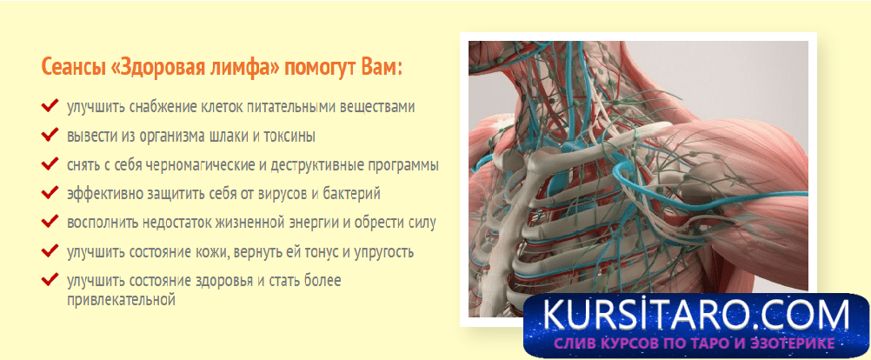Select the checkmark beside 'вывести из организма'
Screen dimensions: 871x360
click(x=50, y=135)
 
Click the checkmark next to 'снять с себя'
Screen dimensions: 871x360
click(x=50, y=164)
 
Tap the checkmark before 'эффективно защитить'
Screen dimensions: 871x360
click(x=50, y=193)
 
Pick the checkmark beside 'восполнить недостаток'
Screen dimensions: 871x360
click(x=50, y=223)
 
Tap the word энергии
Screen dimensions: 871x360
click(x=318, y=223)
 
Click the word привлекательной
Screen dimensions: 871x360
click(x=121, y=301)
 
